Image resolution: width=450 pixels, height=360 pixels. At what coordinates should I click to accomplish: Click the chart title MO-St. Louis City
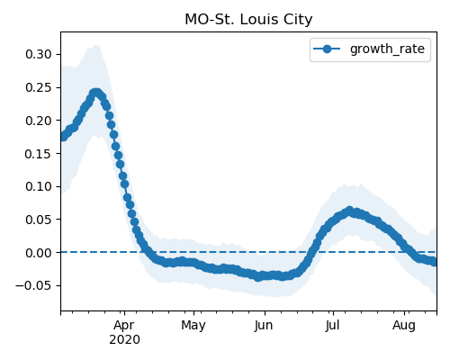coord(248,20)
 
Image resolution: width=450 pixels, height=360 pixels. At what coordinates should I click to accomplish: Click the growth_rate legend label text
coord(387,49)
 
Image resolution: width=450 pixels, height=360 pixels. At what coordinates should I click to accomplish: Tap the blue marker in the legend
coord(327,49)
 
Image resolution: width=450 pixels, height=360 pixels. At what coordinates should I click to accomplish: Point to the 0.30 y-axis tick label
coord(39,55)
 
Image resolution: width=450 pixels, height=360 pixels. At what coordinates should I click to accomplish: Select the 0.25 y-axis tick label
coord(39,87)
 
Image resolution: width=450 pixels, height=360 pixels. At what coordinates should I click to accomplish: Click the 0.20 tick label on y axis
coord(39,121)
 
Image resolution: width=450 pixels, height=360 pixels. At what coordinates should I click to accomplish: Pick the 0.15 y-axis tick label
coord(39,154)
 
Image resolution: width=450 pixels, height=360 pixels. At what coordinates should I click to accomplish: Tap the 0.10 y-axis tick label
coord(39,186)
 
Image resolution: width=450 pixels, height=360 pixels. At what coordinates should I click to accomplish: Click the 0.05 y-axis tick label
coord(39,220)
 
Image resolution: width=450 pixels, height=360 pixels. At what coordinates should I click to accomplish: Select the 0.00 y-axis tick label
coord(39,253)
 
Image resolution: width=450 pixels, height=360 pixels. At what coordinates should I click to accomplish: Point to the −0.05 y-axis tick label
coord(33,285)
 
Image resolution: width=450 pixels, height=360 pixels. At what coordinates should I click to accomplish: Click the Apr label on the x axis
coord(124,326)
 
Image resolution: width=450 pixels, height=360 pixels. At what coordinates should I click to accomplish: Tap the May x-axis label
coord(193,326)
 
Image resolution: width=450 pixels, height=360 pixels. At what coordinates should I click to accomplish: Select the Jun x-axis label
coord(264,326)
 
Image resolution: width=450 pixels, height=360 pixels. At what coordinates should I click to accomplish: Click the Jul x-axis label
coord(333,326)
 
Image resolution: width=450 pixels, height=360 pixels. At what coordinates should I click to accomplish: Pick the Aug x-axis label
coord(404,326)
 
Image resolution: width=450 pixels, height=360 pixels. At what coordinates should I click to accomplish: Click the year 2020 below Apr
coord(124,340)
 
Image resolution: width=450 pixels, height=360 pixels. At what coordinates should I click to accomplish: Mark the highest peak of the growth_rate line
coord(96,93)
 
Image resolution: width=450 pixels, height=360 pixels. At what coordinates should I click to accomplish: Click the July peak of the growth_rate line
coord(349,211)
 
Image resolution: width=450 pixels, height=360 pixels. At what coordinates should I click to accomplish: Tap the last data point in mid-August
coord(434,262)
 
